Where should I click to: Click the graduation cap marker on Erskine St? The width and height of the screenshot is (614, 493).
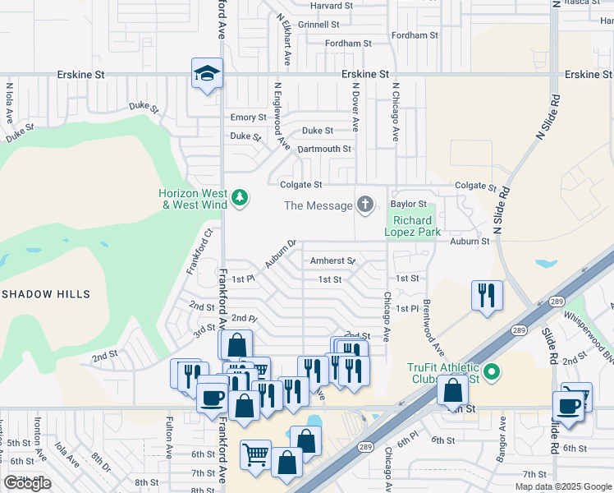tap(208, 74)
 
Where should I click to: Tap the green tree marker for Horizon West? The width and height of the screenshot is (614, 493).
tap(240, 197)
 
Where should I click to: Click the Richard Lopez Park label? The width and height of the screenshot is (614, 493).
tap(412, 227)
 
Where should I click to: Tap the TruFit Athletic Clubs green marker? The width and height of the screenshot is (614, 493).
tap(492, 372)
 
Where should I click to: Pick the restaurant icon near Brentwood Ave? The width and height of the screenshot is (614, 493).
tap(488, 295)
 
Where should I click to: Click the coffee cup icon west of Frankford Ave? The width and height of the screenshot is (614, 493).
tap(213, 399)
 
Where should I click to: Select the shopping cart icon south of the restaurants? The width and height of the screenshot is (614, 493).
tap(256, 453)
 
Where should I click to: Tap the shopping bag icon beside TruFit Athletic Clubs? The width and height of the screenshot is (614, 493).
tap(452, 389)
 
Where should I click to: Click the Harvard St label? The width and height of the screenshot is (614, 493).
tap(331, 6)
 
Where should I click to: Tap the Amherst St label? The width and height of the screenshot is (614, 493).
tap(332, 261)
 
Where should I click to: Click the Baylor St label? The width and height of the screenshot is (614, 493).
tap(409, 204)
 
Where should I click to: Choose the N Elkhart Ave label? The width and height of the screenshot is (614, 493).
tap(284, 39)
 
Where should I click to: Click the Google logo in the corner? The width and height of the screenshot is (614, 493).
tap(27, 483)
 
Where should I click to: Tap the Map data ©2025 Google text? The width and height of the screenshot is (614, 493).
tap(563, 486)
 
